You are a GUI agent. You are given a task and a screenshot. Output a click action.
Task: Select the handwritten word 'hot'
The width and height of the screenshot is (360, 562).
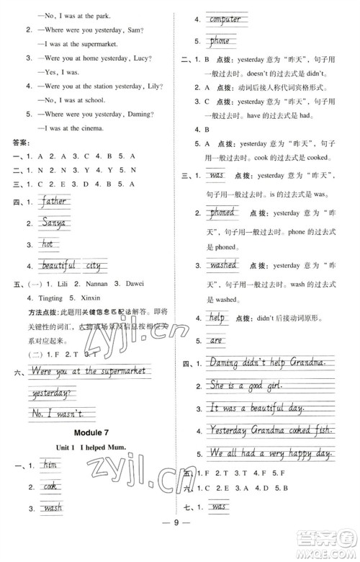pyautogui.click(x=49, y=245)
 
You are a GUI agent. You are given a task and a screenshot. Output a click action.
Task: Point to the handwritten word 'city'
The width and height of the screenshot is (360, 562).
pyautogui.click(x=93, y=266)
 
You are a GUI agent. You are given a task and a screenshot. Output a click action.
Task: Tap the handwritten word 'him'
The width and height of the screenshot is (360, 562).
pyautogui.click(x=49, y=466)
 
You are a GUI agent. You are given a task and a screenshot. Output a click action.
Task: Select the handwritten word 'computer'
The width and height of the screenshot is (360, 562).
pyautogui.click(x=225, y=19)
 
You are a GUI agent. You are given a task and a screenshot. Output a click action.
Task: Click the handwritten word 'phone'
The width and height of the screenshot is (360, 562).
pyautogui.click(x=220, y=41)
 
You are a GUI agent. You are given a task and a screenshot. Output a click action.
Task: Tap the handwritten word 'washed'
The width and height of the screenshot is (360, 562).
pyautogui.click(x=223, y=265)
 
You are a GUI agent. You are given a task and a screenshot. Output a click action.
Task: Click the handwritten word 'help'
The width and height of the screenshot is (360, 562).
pyautogui.click(x=217, y=317)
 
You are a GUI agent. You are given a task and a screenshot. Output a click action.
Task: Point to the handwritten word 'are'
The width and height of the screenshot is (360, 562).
pyautogui.click(x=215, y=339)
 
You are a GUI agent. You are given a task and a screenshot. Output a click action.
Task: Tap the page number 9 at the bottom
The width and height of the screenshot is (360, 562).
pyautogui.click(x=180, y=542)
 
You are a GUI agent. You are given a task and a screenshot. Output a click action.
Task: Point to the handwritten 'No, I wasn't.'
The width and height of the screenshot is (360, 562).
pyautogui.click(x=57, y=413)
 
